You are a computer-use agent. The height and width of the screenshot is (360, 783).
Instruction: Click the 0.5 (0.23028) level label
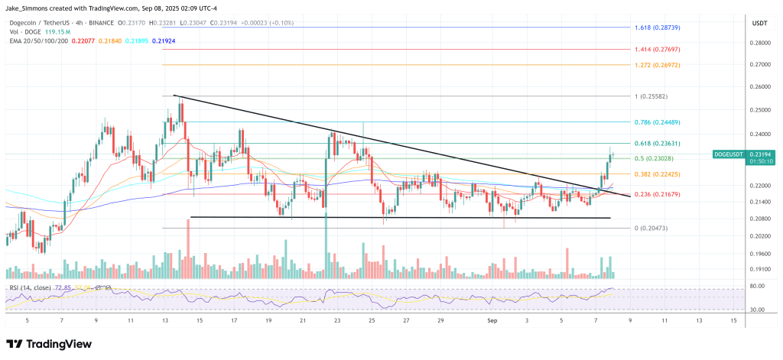[652, 158]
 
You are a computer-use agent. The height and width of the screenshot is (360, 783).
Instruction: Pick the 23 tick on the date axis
[337, 321]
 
